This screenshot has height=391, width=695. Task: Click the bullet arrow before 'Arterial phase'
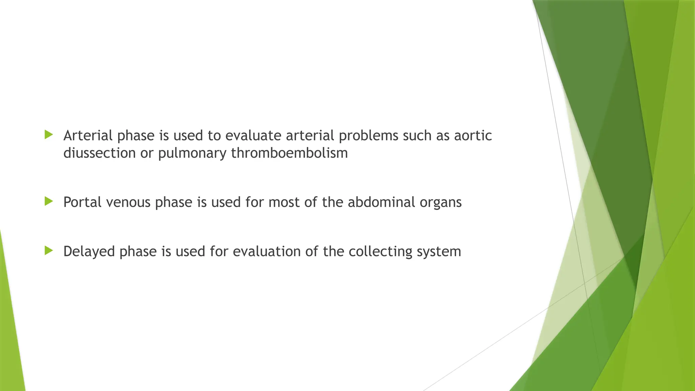tap(49, 135)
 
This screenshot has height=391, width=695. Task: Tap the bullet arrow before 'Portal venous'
tap(49, 202)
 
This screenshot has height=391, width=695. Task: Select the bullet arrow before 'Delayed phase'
tap(49, 251)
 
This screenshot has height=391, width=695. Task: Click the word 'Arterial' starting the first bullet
tap(88, 135)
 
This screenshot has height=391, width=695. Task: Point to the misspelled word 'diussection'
tap(99, 153)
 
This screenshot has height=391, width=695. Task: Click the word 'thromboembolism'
tap(289, 153)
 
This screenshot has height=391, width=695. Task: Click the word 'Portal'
tap(82, 202)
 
